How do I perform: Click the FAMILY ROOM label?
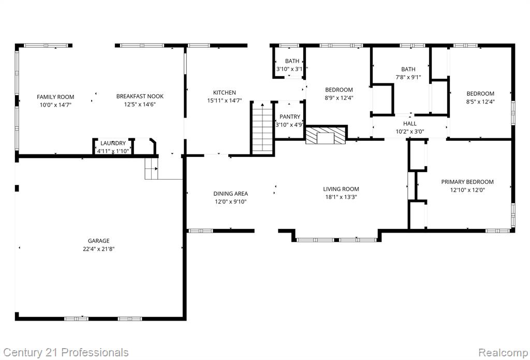[x=55, y=97]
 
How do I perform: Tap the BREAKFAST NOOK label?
[x=140, y=96]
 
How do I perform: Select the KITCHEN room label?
[x=225, y=92]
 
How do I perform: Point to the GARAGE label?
[x=99, y=241]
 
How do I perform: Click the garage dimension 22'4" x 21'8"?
[x=99, y=249]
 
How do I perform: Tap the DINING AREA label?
[x=230, y=194]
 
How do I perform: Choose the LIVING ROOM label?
[x=341, y=189]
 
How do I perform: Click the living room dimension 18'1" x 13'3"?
[x=341, y=197]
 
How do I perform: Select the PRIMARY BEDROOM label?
[x=467, y=182]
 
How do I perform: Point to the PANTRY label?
[x=290, y=117]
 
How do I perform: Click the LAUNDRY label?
[x=113, y=143]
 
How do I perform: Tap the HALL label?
[x=410, y=124]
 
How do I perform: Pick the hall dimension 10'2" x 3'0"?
[x=410, y=132]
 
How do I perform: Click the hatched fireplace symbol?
[x=326, y=135]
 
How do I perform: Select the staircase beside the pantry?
[x=262, y=128]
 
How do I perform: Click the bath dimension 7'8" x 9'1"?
[x=408, y=77]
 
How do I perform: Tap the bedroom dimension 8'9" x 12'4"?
[x=339, y=98]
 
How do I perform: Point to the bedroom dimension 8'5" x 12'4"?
[x=480, y=102]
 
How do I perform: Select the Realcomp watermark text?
[x=503, y=352]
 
